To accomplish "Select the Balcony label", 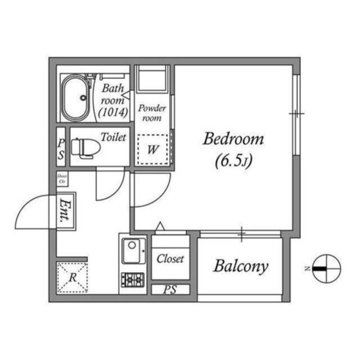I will pos(240,266).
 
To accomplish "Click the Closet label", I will pos(170,259).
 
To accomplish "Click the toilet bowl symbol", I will pos(86,147).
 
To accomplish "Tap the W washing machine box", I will pos(152,150).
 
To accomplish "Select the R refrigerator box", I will pos(72,277).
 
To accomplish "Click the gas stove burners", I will pos(133,279).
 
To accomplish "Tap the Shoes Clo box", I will pos(62,179).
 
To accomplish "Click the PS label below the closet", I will pos(170,290).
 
